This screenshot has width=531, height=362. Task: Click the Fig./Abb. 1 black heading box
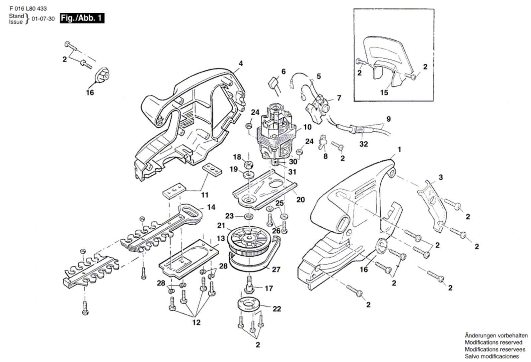[82, 18]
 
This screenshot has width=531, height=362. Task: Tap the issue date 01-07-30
[43, 19]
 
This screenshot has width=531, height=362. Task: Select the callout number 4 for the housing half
[241, 63]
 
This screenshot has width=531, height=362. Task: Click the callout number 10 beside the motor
[307, 127]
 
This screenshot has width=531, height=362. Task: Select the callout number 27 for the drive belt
[276, 269]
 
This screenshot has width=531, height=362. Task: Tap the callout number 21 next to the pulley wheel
[221, 226]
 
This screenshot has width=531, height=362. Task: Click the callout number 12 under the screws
[196, 322]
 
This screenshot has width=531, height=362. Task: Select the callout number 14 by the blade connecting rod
[211, 207]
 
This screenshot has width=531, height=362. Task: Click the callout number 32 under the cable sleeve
[364, 144]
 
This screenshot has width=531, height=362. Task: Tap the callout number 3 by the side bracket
[440, 177]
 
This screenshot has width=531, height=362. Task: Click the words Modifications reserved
[493, 342]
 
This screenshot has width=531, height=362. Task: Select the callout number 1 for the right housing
[399, 150]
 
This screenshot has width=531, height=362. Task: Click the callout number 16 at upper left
[90, 92]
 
